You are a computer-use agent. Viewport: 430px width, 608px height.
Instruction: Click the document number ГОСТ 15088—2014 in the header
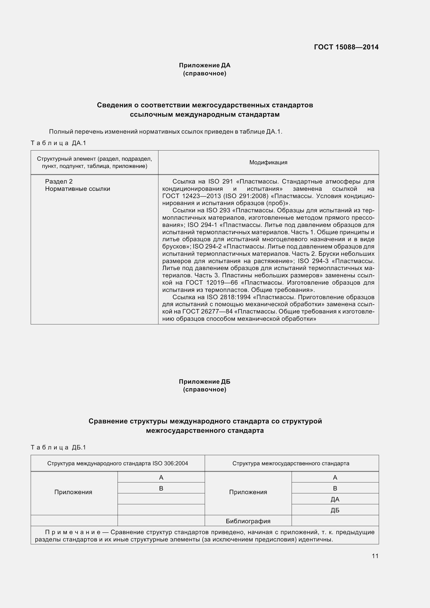click(346, 47)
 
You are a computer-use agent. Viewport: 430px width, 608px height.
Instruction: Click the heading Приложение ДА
click(204, 65)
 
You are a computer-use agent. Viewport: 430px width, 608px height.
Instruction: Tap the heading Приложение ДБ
click(204, 382)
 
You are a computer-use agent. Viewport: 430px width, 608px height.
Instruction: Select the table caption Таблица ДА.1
click(59, 143)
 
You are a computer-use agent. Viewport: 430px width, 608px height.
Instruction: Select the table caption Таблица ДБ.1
click(59, 448)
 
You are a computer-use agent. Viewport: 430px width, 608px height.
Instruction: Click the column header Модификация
click(268, 162)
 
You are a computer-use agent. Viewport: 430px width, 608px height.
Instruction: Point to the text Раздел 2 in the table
click(59, 181)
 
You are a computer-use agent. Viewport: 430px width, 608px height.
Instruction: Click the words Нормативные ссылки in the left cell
click(77, 189)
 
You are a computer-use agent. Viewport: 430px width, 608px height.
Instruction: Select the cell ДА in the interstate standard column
click(335, 499)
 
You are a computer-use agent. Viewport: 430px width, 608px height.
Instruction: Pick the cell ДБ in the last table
click(335, 510)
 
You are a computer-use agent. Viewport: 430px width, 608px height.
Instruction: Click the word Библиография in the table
click(248, 521)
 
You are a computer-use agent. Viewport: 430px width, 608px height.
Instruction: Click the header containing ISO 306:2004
click(117, 463)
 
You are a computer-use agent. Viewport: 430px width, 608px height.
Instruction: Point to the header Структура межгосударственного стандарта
click(291, 463)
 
